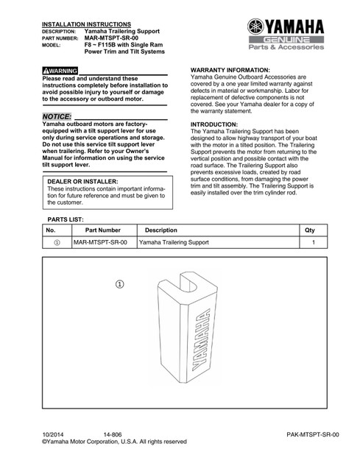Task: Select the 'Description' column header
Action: [x=162, y=230]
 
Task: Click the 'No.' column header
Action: [x=51, y=230]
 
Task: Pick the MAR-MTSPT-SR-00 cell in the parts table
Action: [x=100, y=242]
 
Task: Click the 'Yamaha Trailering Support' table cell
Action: [x=174, y=242]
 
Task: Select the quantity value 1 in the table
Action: [x=314, y=242]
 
